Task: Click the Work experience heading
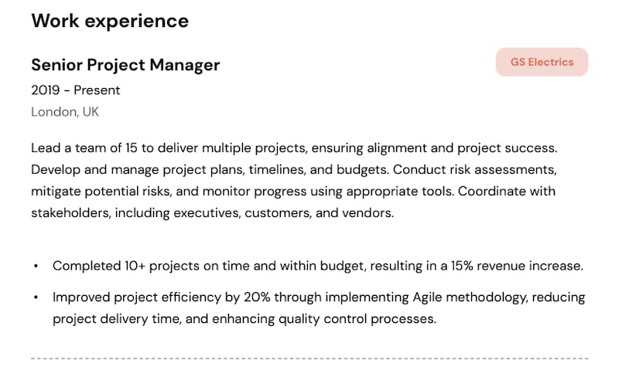click(x=110, y=22)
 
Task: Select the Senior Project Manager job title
click(x=125, y=66)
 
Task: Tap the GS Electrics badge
click(x=542, y=62)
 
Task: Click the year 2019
click(x=46, y=90)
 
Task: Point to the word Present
click(x=97, y=90)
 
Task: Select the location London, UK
click(x=65, y=112)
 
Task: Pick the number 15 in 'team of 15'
click(x=132, y=148)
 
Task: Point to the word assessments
click(x=515, y=170)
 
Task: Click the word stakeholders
click(x=71, y=213)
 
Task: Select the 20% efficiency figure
click(x=257, y=297)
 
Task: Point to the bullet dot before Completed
click(x=36, y=267)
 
